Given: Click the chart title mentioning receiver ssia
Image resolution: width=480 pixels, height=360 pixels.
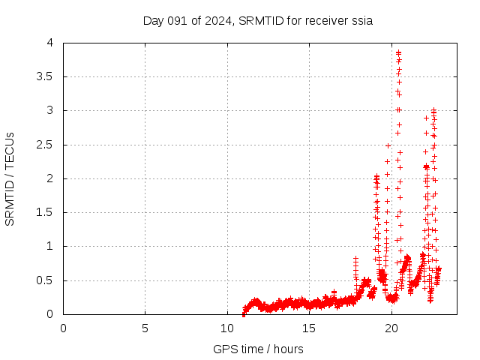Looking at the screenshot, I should coord(258,20).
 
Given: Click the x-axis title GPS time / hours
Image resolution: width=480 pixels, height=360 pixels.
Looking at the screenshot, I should coord(258,349).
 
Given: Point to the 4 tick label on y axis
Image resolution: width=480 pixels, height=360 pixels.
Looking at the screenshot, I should coord(49,43).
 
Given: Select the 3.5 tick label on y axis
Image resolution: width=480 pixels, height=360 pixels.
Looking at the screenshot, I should coord(45,76).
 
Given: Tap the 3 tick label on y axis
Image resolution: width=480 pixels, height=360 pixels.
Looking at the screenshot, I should coord(49,110).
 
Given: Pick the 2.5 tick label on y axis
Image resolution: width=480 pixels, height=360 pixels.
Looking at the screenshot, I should coord(45,144).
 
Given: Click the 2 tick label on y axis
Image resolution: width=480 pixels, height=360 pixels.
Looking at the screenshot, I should coord(49,178).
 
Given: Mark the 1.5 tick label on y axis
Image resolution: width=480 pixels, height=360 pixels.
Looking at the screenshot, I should coord(45,212).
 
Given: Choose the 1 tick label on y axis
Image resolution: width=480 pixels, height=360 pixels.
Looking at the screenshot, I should coord(49,246).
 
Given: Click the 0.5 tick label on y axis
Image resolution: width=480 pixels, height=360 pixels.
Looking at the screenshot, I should coord(45,280).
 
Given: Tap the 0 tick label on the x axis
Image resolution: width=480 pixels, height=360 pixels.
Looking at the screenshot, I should coord(63,328).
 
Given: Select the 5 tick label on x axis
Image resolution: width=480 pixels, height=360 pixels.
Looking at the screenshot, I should coord(145,328).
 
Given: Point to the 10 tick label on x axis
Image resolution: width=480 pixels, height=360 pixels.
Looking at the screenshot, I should coord(227,328).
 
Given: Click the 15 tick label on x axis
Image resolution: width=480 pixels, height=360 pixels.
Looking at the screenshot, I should coord(309,328).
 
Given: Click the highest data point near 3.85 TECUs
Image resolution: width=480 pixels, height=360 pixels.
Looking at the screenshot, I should coord(398,52).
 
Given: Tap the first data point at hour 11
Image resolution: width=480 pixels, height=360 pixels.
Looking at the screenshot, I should coord(244,313).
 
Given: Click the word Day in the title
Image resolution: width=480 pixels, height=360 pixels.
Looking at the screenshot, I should coord(153,20).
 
